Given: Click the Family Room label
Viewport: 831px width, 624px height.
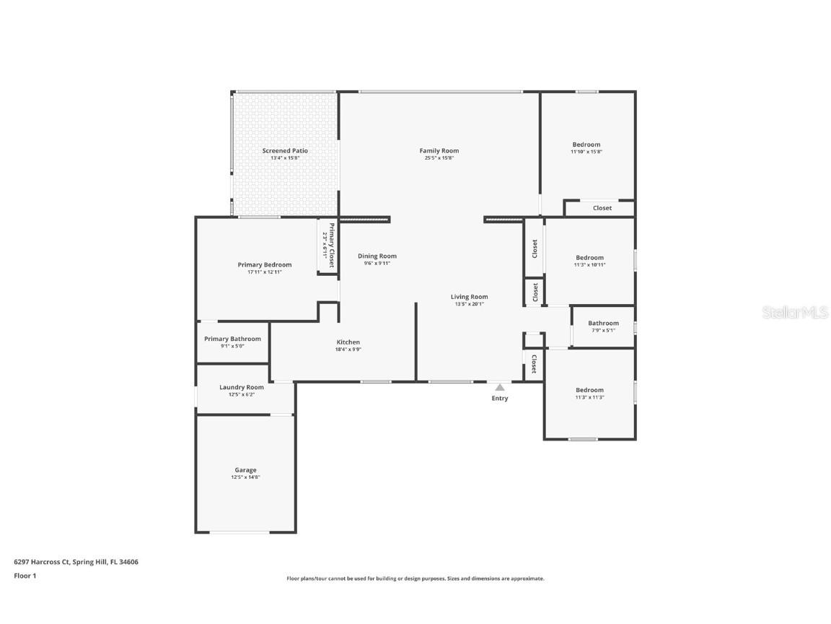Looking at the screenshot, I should tap(439, 151).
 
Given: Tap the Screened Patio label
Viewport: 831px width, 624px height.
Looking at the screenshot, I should tap(285, 151).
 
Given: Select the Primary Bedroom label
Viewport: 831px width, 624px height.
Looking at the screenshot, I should tap(265, 265).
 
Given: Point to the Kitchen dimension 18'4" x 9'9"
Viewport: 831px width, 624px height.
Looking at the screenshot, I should tap(348, 350).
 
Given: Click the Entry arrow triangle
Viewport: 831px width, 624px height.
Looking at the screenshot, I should tap(500, 388).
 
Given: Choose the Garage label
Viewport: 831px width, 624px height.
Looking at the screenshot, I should tap(245, 470).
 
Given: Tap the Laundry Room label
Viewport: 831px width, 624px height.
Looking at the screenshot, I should tap(242, 387).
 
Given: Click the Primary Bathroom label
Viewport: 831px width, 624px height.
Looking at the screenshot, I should tap(232, 339).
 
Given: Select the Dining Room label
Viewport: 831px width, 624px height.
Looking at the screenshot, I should tap(377, 256).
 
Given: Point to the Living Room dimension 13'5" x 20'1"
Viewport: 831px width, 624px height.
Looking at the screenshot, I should tap(470, 304).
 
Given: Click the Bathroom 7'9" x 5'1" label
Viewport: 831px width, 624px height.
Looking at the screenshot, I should tap(603, 324).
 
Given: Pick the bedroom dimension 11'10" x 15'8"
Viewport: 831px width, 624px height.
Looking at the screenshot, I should tap(586, 152).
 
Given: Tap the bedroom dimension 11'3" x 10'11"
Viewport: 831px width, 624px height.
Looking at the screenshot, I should tap(589, 265).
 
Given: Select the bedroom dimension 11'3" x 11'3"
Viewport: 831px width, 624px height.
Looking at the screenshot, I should tap(589, 397).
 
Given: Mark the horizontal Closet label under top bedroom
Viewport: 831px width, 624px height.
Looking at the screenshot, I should tap(602, 208).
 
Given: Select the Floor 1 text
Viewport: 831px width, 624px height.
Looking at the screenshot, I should tap(25, 576).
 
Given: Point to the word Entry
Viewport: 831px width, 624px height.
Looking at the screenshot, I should tap(500, 399).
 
